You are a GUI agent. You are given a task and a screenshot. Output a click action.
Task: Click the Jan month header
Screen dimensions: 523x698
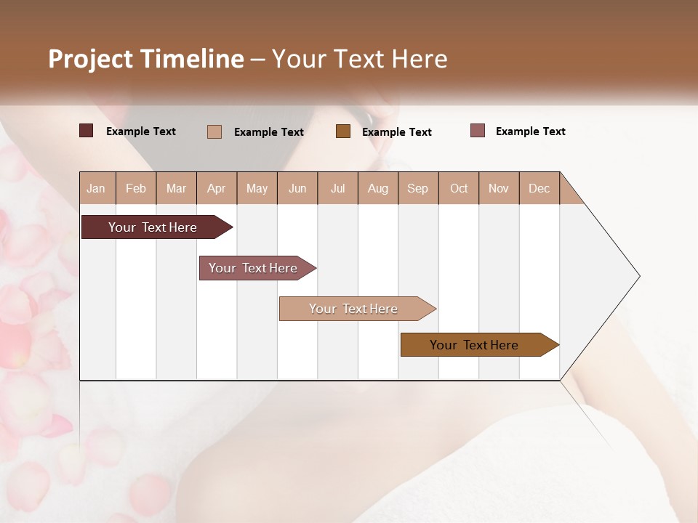97,188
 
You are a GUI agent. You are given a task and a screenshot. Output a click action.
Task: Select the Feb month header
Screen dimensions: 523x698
136,188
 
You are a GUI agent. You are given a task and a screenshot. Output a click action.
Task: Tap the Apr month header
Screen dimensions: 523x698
217,188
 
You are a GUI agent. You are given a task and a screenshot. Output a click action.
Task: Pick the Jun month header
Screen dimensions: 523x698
297,188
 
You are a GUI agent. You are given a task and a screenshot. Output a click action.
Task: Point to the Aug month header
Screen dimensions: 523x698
378,188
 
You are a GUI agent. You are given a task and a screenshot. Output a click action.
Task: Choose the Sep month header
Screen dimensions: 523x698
418,188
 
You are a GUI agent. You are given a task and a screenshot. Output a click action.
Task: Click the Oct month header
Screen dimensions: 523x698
459,188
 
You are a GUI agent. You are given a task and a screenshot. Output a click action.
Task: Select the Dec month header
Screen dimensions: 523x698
539,188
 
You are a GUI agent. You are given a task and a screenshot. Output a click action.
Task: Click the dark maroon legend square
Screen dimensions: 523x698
87,131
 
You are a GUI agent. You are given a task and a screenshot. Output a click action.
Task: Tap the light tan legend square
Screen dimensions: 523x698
214,131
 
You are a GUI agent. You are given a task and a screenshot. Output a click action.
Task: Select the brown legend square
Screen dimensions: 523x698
343,131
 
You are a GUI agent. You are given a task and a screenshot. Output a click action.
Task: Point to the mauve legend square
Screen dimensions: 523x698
478,131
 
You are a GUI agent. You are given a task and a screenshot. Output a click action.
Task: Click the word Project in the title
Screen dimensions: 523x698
91,59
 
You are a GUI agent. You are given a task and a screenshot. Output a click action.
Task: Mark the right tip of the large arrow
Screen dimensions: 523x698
638,276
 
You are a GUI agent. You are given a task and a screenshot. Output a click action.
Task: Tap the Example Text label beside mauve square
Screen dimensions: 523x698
530,131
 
